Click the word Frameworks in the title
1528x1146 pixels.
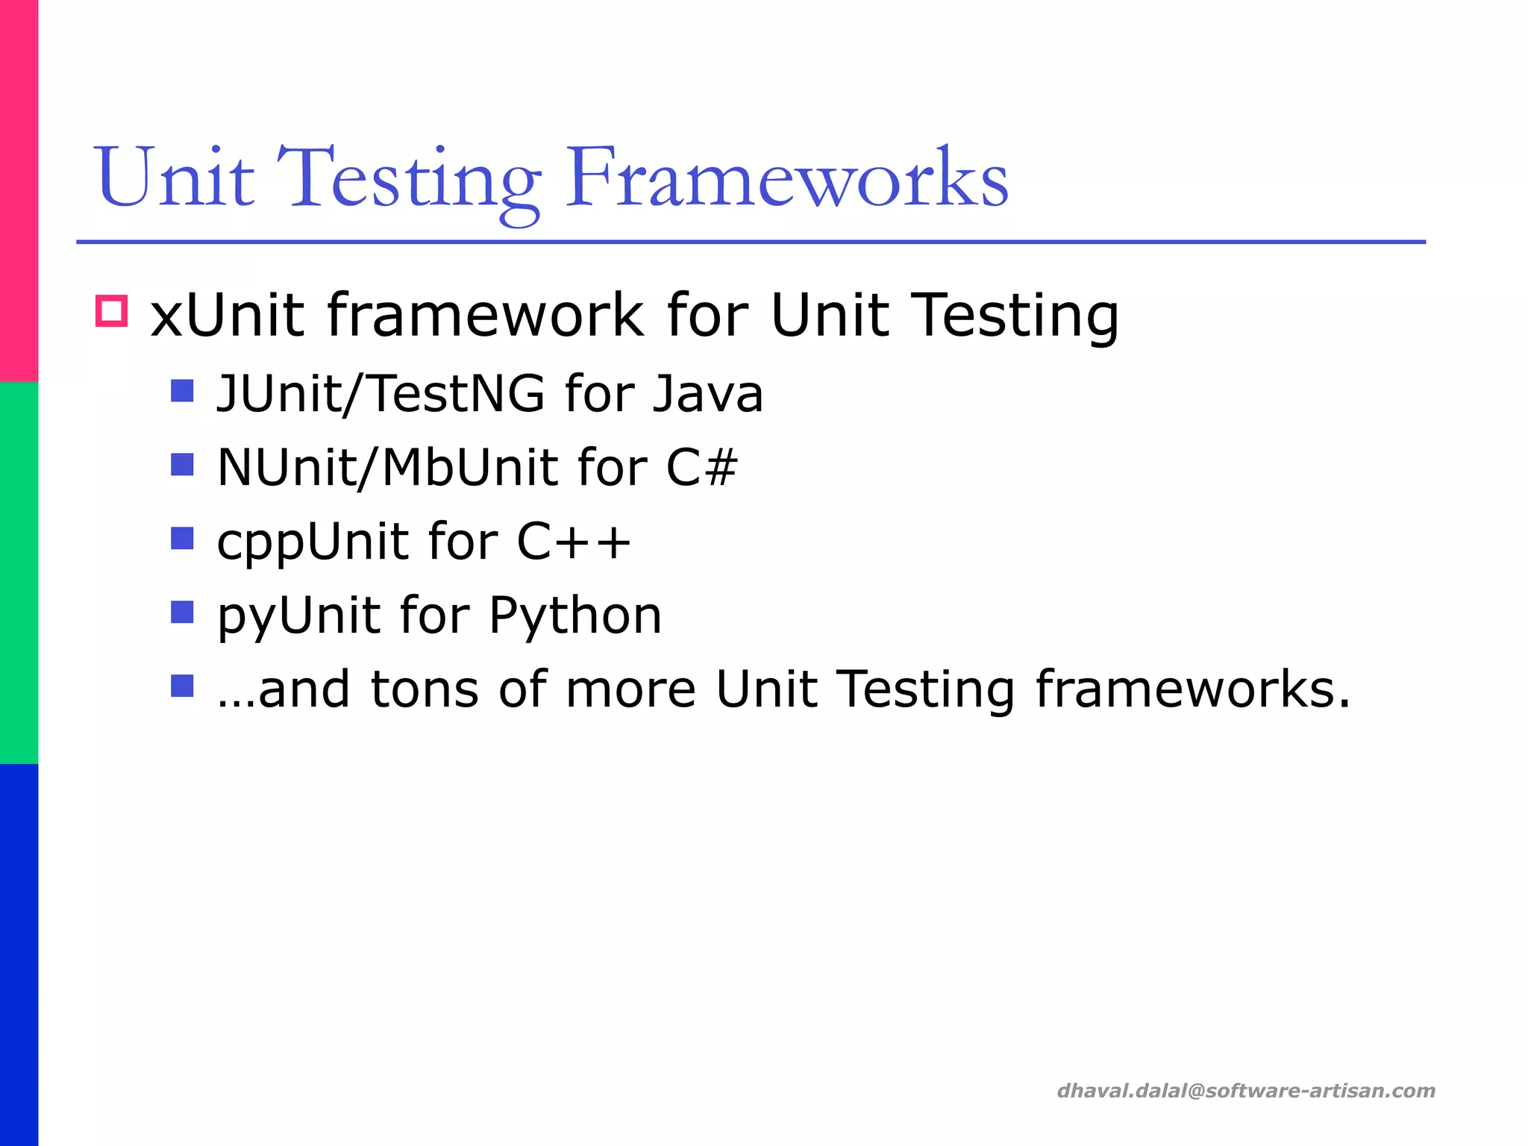pyautogui.click(x=786, y=179)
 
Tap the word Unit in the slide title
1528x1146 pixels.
pyautogui.click(x=174, y=179)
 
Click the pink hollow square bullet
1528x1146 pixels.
pyautogui.click(x=112, y=310)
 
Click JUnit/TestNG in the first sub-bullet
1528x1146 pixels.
pyautogui.click(x=381, y=393)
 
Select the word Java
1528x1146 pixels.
pyautogui.click(x=707, y=393)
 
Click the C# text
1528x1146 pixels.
pyautogui.click(x=701, y=467)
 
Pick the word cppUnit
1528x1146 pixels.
pyautogui.click(x=312, y=542)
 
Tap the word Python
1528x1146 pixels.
pyautogui.click(x=574, y=616)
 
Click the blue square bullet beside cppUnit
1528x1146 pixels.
pyautogui.click(x=182, y=538)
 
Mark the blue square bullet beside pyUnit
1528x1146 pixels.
pyautogui.click(x=182, y=612)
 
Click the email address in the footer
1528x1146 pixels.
pyautogui.click(x=1246, y=1091)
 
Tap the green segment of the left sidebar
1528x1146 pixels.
pyautogui.click(x=19, y=573)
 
